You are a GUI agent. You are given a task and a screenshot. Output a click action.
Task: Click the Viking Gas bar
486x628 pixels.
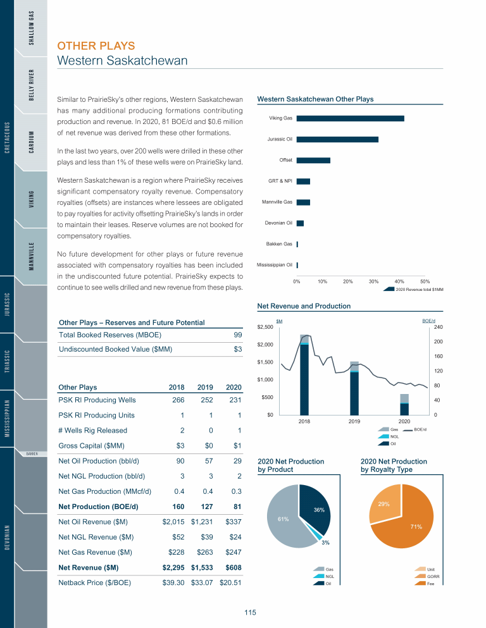click(350, 118)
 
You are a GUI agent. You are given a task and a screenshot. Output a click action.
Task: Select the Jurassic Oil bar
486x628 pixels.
click(337, 139)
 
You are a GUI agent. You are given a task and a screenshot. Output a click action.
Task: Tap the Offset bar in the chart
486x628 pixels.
click(313, 160)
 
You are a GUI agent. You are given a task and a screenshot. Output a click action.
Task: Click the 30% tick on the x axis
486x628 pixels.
click(373, 281)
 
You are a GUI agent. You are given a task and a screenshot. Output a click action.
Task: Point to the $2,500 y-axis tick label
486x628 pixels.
click(265, 327)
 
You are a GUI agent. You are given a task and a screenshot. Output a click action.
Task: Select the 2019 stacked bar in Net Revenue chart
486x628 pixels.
click(354, 388)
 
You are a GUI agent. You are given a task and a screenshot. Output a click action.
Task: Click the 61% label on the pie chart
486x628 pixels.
click(283, 519)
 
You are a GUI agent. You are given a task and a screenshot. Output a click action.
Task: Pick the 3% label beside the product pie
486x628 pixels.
click(325, 543)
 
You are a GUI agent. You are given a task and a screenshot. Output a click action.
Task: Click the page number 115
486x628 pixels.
click(250, 612)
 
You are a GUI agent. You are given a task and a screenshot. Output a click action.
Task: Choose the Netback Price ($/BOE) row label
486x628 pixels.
click(94, 582)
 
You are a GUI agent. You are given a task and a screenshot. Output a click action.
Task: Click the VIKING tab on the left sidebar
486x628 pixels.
click(31, 197)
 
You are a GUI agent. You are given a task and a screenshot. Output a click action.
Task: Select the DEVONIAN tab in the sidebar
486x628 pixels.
click(7, 537)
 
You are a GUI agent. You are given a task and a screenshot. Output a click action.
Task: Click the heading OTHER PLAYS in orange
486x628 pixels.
click(96, 46)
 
